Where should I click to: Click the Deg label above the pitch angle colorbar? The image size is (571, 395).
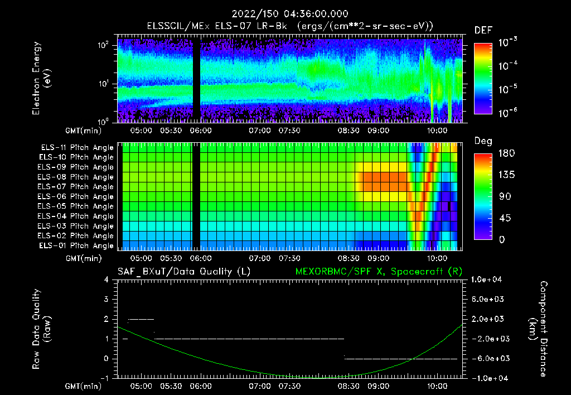482,141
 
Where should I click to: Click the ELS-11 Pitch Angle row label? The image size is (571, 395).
77,147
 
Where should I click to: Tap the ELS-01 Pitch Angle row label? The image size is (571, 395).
77,245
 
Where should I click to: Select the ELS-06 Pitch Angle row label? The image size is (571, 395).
77,196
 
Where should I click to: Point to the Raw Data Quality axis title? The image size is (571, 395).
41,329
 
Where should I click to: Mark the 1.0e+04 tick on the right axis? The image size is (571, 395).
488,280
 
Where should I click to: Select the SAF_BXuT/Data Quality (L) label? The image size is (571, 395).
183,271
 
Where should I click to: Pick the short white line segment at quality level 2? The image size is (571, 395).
141,319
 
